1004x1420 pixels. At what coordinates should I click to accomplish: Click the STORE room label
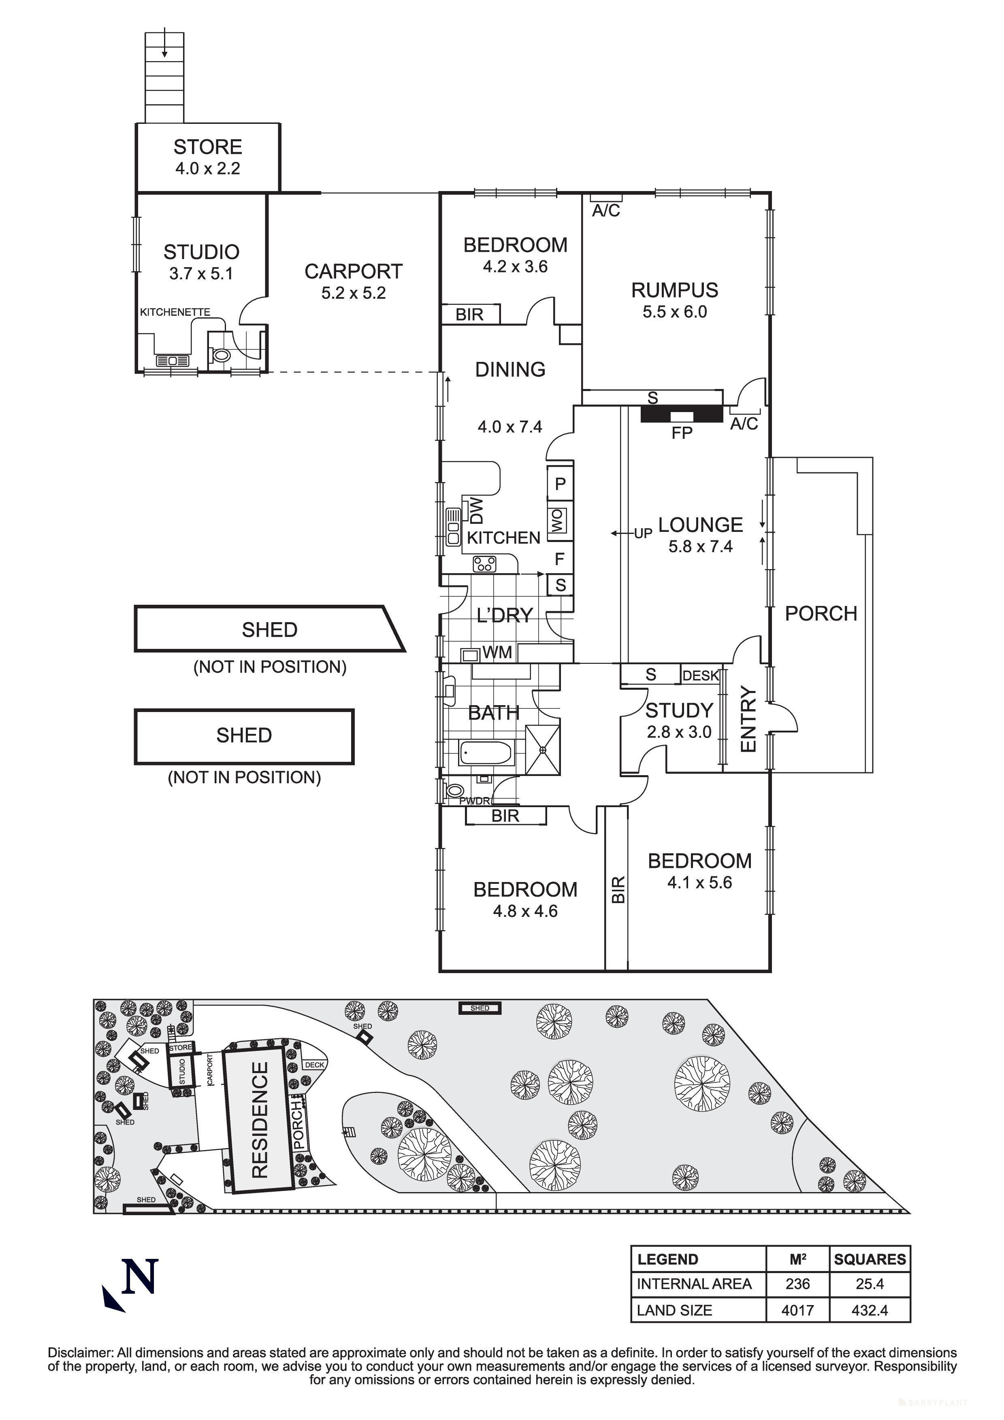(207, 147)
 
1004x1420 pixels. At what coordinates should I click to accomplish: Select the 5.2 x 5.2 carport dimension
(353, 293)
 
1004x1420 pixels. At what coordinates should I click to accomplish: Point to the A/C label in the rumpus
(605, 211)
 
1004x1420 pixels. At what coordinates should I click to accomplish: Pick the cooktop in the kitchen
(484, 564)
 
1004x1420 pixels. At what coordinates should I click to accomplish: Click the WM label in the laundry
(497, 653)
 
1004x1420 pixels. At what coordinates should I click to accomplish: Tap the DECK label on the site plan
(314, 1065)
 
